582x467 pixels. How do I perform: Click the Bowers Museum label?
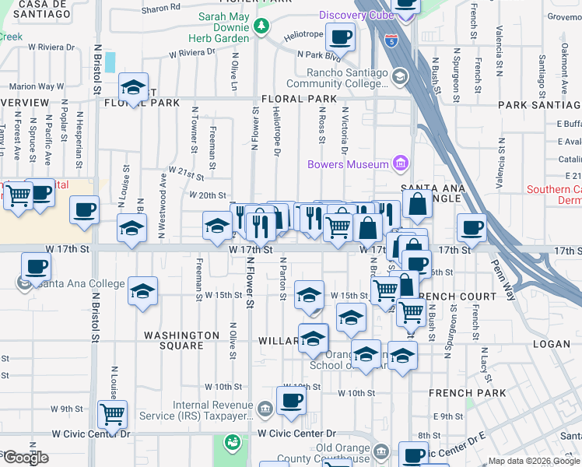(x=348, y=164)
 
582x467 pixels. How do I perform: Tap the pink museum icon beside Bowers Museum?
(x=401, y=163)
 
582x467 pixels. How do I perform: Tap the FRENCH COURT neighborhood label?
(x=457, y=297)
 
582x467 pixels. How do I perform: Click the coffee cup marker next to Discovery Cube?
(x=339, y=36)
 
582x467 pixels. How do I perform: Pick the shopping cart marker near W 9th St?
(x=113, y=414)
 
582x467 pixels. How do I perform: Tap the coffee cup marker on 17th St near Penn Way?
(x=471, y=227)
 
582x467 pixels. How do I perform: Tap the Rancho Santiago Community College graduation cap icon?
(x=400, y=75)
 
